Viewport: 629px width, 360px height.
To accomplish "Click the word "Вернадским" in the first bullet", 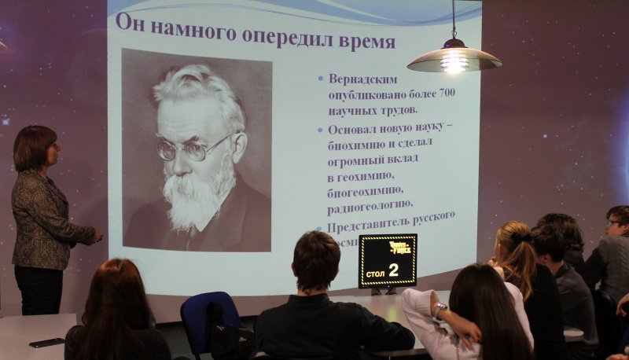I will click(363, 79).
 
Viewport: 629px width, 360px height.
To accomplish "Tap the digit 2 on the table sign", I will click(393, 270).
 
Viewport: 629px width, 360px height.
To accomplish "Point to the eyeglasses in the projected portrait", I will click(192, 147).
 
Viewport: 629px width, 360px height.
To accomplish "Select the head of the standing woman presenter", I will click(35, 147).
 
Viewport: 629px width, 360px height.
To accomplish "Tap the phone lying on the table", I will click(46, 342).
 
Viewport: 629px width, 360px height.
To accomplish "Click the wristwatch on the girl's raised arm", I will click(440, 310).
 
